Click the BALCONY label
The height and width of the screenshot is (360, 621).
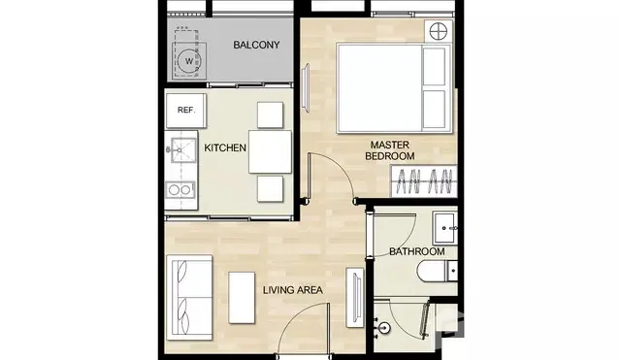coord(256,45)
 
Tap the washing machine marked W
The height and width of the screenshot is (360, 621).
coord(189,61)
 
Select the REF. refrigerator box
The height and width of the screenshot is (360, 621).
coord(186,111)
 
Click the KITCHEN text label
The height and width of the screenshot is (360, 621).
coord(225,147)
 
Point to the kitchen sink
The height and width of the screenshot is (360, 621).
coord(183,150)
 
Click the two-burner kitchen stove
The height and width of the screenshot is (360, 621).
coord(180,189)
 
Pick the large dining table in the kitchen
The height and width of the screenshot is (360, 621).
coord(270,151)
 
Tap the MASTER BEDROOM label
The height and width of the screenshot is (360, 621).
coord(390,150)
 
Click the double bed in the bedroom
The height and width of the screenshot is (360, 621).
coord(394,88)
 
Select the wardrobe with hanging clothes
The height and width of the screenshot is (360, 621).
coord(424,181)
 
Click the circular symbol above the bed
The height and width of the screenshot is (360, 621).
coord(439,31)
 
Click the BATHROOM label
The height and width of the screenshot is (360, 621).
coord(416,251)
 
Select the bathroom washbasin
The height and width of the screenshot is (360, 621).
coord(445,228)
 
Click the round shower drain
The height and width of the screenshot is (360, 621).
coord(384,328)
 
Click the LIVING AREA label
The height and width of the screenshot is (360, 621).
coord(293,290)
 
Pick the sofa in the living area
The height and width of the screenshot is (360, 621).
coord(189,298)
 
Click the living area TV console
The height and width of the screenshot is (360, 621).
coord(355,298)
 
